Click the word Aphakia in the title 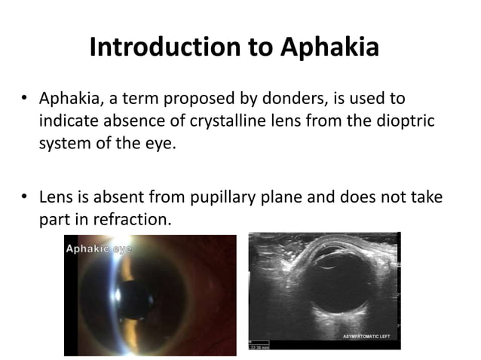point(329,47)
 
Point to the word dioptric point(408,121)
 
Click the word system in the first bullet point(64,142)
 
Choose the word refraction point(134,219)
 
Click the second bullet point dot point(25,197)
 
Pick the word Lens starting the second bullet point(56,197)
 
